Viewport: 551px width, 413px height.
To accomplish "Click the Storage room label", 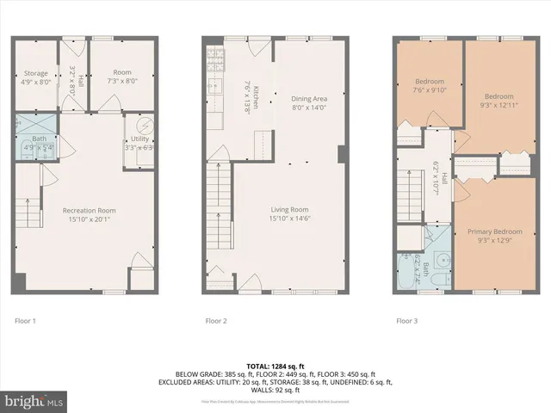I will click(36, 74).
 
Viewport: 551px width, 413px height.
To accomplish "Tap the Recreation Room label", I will click(90, 210).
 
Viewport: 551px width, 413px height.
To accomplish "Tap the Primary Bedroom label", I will click(494, 231).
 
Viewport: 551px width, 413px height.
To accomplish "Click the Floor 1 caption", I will click(26, 321).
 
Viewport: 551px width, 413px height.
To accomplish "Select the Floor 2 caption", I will click(216, 321).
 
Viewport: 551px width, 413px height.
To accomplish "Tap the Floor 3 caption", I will click(407, 321).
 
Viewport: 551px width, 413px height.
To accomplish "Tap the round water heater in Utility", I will click(139, 125).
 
